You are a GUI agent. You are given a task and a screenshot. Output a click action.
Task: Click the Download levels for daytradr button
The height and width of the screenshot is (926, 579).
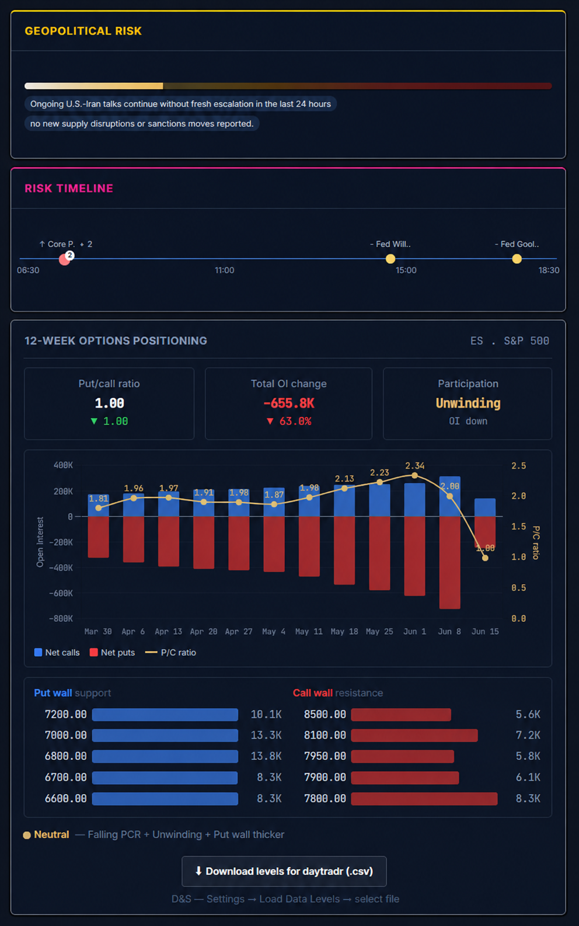[284, 871]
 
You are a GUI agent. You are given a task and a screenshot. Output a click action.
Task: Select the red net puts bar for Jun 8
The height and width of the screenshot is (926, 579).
[449, 562]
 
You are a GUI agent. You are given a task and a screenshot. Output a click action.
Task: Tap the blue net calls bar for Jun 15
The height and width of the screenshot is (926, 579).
[485, 507]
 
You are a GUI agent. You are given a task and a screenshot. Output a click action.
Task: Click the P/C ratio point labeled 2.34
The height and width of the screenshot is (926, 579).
[414, 475]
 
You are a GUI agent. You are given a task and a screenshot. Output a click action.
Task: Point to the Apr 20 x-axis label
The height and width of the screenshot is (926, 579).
[203, 631]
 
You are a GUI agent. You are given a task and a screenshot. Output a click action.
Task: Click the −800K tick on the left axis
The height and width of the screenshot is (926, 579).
[61, 618]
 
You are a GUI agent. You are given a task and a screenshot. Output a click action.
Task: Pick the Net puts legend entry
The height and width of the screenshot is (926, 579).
[112, 652]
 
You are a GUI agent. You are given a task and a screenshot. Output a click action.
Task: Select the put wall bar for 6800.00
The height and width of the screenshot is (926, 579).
[165, 756]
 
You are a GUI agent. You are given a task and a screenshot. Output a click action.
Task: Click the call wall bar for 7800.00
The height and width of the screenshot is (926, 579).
[424, 798]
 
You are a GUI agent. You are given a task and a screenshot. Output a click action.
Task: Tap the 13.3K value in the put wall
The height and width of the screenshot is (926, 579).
[266, 735]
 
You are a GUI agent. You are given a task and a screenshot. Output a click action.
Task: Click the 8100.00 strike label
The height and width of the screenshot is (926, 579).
[325, 735]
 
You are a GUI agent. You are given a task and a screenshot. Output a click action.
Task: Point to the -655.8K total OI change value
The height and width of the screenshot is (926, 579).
[289, 403]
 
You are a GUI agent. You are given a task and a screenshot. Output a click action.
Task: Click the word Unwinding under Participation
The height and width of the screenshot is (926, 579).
[468, 403]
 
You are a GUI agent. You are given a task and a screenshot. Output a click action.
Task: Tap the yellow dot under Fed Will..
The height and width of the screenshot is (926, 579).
[390, 259]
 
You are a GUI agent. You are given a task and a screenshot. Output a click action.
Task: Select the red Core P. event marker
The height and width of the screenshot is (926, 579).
[64, 260]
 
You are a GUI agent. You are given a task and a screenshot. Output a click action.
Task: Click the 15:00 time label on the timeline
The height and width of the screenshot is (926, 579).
[406, 270]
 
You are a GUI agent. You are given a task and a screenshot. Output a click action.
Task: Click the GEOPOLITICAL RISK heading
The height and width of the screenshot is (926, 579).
[83, 31]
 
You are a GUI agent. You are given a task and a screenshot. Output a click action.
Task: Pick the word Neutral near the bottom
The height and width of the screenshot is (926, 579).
[51, 834]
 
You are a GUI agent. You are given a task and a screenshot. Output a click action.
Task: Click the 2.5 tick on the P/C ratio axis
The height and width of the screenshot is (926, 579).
[518, 465]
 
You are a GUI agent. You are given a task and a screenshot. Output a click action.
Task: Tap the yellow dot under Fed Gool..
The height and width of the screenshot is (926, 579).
[517, 259]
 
